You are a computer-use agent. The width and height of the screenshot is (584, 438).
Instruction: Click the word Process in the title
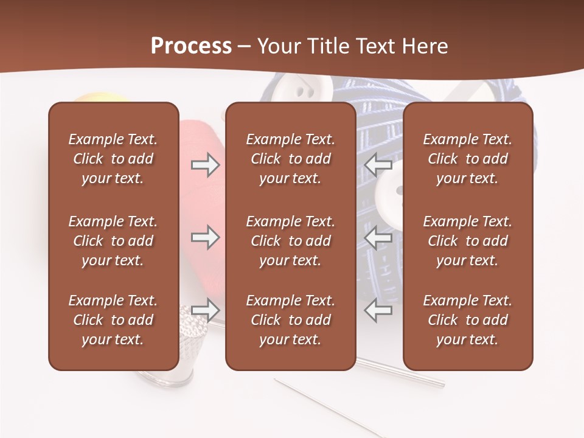(x=191, y=46)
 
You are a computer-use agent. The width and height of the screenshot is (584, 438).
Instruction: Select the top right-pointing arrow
(x=205, y=164)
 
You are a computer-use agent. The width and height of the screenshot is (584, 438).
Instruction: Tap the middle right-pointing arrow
(x=205, y=237)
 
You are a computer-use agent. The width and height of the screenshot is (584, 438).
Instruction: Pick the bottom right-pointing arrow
(x=205, y=310)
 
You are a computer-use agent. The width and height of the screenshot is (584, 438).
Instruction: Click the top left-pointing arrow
(x=378, y=164)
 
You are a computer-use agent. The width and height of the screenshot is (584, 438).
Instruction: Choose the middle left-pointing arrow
(x=378, y=237)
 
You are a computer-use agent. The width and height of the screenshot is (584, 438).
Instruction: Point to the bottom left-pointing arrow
(x=378, y=310)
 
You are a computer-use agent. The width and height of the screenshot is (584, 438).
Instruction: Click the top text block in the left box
(x=113, y=159)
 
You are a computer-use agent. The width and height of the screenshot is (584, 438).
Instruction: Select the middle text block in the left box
(x=113, y=241)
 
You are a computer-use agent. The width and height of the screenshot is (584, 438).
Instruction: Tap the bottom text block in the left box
(x=113, y=320)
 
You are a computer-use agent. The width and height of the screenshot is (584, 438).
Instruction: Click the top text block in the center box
(x=290, y=159)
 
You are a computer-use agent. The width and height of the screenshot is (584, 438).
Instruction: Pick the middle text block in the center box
(x=290, y=241)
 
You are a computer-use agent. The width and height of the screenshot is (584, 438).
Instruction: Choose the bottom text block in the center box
(x=290, y=320)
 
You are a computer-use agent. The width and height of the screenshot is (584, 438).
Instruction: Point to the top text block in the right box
(x=467, y=159)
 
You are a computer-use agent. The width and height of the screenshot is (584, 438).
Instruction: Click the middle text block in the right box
(x=467, y=241)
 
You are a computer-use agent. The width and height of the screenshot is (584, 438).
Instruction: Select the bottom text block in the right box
(x=467, y=320)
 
